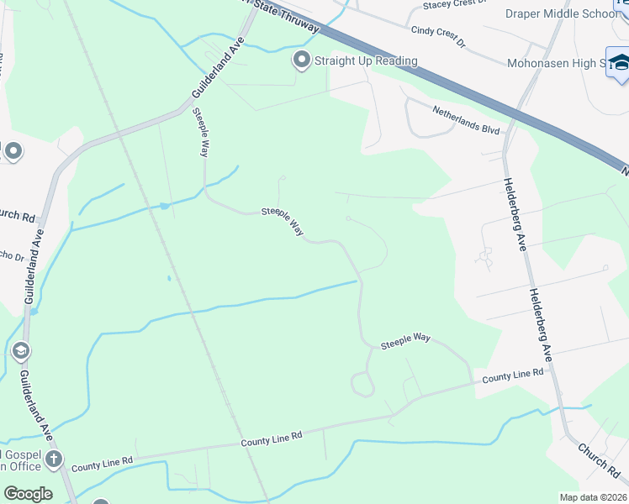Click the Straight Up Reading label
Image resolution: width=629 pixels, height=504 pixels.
[366, 60]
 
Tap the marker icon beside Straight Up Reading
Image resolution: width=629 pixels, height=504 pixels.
[301, 60]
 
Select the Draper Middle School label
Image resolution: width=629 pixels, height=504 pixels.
[561, 13]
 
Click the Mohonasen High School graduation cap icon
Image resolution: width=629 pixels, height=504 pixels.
[621, 63]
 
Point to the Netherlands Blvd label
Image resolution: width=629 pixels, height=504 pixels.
[466, 119]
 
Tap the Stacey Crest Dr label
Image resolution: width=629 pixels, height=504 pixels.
[454, 5]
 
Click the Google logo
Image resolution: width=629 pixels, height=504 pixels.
[28, 494]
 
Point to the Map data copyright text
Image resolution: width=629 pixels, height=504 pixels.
[593, 497]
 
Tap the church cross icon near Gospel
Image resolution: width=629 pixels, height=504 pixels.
[54, 459]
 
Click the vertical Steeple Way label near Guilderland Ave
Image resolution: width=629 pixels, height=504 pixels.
[200, 133]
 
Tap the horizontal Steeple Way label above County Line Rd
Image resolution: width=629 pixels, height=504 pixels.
[405, 340]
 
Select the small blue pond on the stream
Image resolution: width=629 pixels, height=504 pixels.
[165, 205]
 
